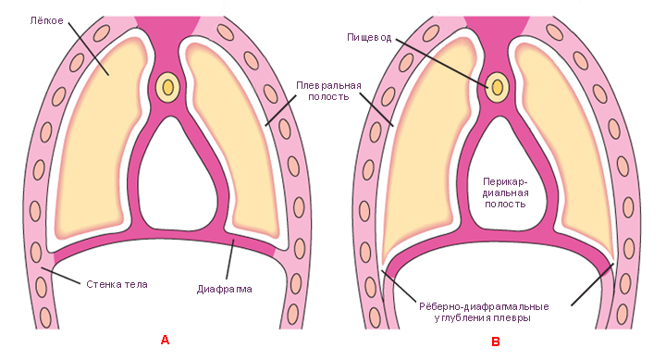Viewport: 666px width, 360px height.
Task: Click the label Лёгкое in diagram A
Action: click(47, 20)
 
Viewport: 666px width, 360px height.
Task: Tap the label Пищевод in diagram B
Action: click(369, 38)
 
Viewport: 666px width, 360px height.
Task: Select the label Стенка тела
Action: click(117, 284)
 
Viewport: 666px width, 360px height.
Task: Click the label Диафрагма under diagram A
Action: click(224, 290)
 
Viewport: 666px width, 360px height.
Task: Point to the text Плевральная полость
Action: click(328, 91)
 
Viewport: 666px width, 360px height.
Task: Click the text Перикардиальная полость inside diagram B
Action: click(505, 193)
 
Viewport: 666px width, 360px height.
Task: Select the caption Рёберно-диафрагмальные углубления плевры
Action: click(484, 312)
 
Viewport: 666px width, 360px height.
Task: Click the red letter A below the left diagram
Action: click(165, 340)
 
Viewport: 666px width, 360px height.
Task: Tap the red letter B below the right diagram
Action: click(495, 341)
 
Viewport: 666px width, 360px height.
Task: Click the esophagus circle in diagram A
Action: click(167, 87)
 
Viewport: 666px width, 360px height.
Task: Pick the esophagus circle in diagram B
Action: click(498, 87)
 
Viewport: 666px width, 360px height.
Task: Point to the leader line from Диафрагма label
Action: click(230, 259)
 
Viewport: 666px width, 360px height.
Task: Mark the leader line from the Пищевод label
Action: click(442, 63)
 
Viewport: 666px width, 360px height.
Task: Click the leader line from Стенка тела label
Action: click(60, 276)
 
